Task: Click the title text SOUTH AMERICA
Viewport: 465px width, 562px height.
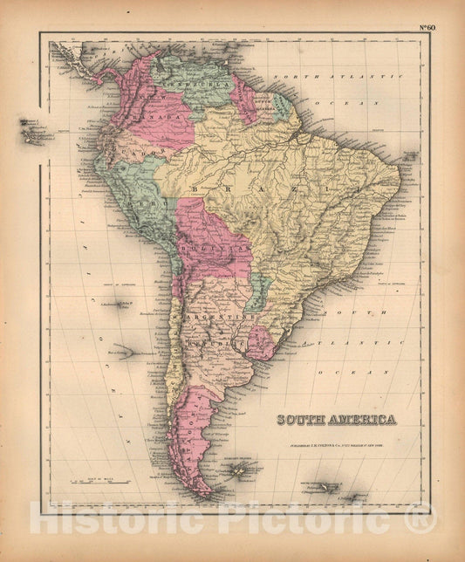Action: pos(336,420)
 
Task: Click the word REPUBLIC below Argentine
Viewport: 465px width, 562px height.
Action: pos(226,342)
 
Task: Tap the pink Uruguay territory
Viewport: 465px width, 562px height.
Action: pos(260,343)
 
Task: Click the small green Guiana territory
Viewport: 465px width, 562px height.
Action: pos(284,106)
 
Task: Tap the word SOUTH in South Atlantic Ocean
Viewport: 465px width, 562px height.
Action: pos(357,312)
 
